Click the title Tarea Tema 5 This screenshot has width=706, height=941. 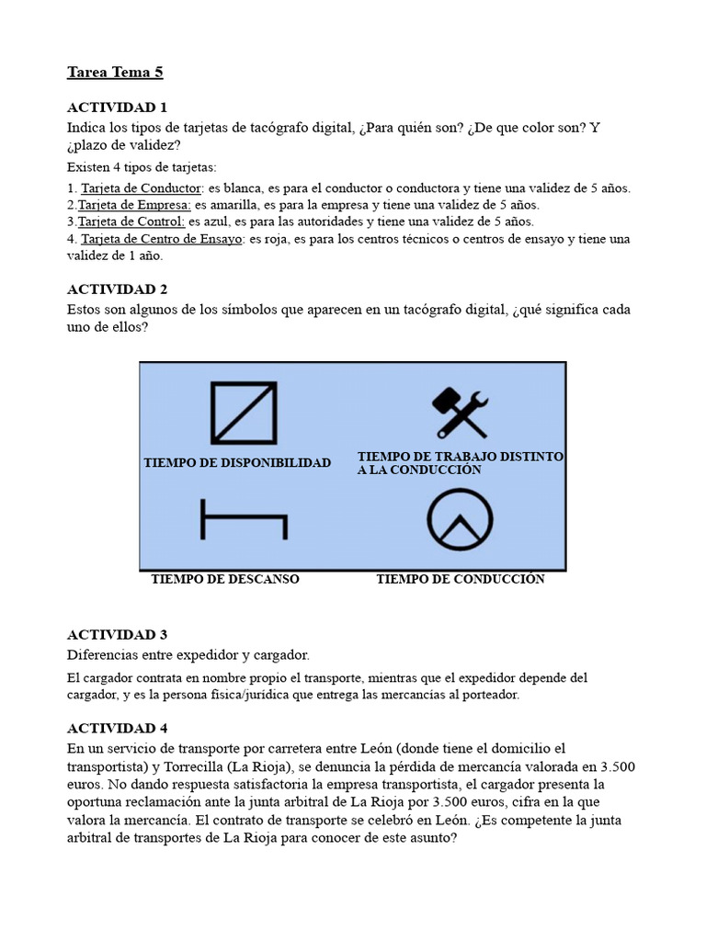coord(115,72)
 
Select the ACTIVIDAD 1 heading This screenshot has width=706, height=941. coord(118,108)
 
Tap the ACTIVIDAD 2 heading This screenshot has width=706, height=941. coord(118,289)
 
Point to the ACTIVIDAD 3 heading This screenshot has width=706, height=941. coord(118,635)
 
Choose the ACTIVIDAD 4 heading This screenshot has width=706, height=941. coord(118,728)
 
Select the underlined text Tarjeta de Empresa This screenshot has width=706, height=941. coord(134,205)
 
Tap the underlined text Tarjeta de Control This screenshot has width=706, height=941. coord(131,221)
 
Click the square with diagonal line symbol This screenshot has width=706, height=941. coord(244,413)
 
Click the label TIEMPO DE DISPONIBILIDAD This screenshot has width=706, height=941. coord(237,462)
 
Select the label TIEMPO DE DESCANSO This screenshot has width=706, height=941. coord(225,579)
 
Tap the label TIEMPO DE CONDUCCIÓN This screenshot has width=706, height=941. coord(461,579)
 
